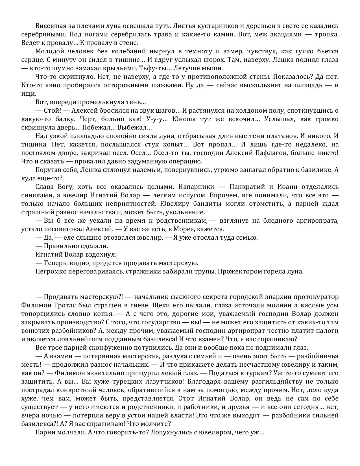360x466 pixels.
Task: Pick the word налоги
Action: [x=328, y=331]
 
